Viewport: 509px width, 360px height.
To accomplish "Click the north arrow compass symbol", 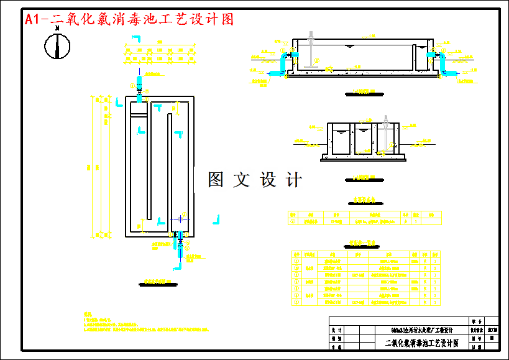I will pos(57,45).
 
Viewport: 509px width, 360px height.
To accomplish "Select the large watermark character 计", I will pos(293,180).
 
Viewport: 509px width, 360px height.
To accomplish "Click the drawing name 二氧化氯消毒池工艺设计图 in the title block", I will pos(422,343).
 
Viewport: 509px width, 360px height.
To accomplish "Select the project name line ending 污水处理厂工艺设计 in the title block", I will pos(422,330).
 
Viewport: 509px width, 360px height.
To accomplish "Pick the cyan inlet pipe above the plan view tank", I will pos(139,89).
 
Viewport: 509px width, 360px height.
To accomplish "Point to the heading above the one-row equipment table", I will pos(364,201).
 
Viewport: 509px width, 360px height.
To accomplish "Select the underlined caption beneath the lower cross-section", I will pos(360,176).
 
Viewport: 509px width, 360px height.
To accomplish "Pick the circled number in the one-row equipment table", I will pos(293,221).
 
